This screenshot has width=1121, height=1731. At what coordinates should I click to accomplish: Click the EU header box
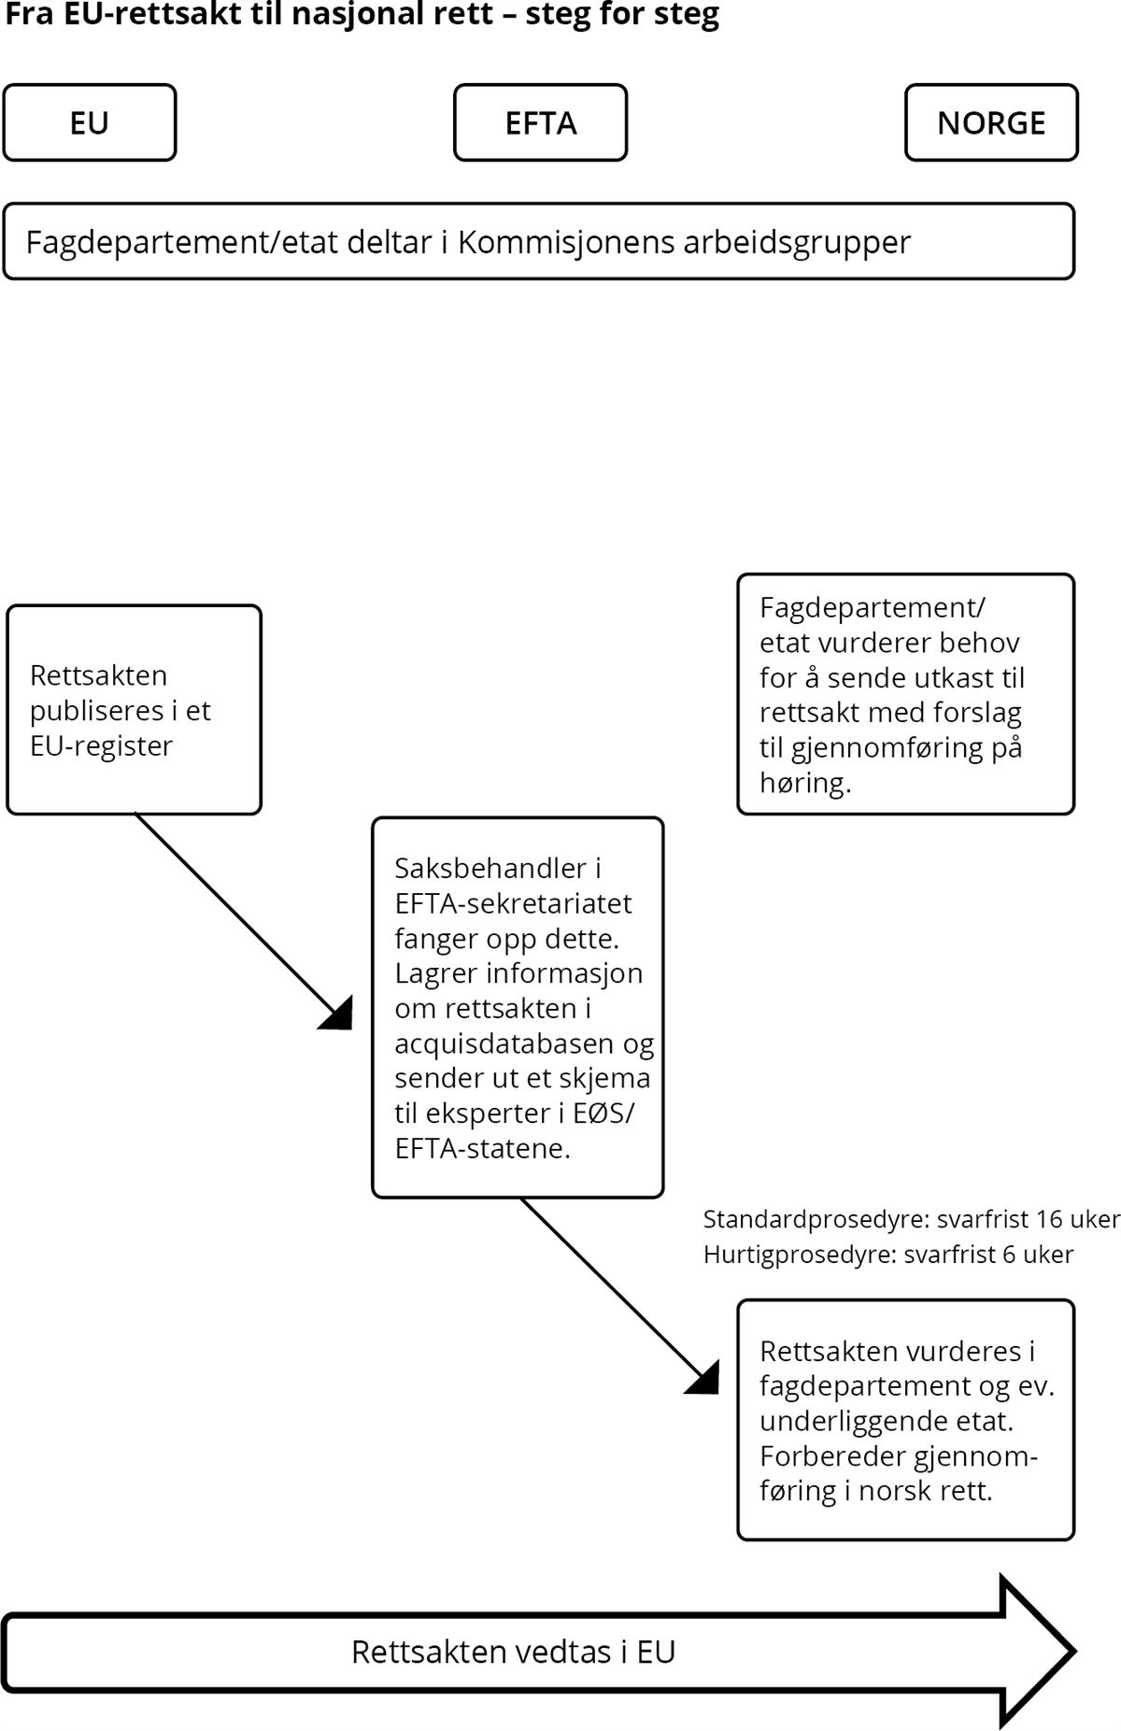[x=90, y=122]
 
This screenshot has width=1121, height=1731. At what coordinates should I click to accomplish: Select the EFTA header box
[x=540, y=122]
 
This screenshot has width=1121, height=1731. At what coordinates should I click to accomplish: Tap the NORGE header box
[x=991, y=122]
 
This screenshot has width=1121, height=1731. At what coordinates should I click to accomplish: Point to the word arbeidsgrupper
[x=797, y=244]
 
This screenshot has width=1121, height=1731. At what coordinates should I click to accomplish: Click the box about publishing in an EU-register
[x=134, y=710]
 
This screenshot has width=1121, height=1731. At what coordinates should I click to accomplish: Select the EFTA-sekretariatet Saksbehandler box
[x=518, y=1007]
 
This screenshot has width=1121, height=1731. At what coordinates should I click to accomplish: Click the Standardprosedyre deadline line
[x=911, y=1219]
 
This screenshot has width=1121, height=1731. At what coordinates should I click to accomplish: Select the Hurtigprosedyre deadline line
[x=888, y=1254]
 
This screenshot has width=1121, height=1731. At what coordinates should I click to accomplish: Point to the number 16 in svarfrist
[x=1049, y=1219]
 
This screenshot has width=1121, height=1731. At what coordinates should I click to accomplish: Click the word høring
[x=805, y=783]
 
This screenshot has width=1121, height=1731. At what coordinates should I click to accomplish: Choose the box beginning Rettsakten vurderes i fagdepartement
[x=906, y=1420]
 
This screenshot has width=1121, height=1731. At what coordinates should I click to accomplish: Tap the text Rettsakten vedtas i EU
[x=513, y=1652]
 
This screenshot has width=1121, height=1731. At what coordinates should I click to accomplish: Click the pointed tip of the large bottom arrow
[x=1075, y=1652]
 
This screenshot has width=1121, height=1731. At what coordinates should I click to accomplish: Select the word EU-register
[x=101, y=746]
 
